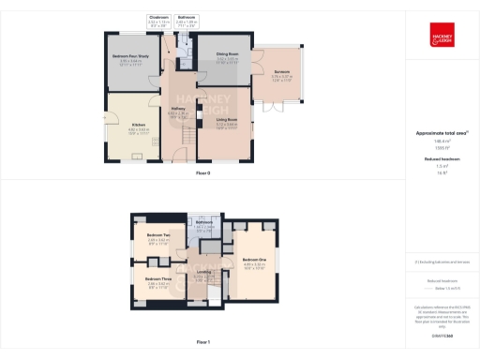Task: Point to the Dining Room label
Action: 228,54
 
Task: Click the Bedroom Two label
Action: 157,236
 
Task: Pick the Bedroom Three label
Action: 157,280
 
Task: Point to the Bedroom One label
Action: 254,261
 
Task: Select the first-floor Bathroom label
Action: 205,223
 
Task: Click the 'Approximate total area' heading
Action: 440,133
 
